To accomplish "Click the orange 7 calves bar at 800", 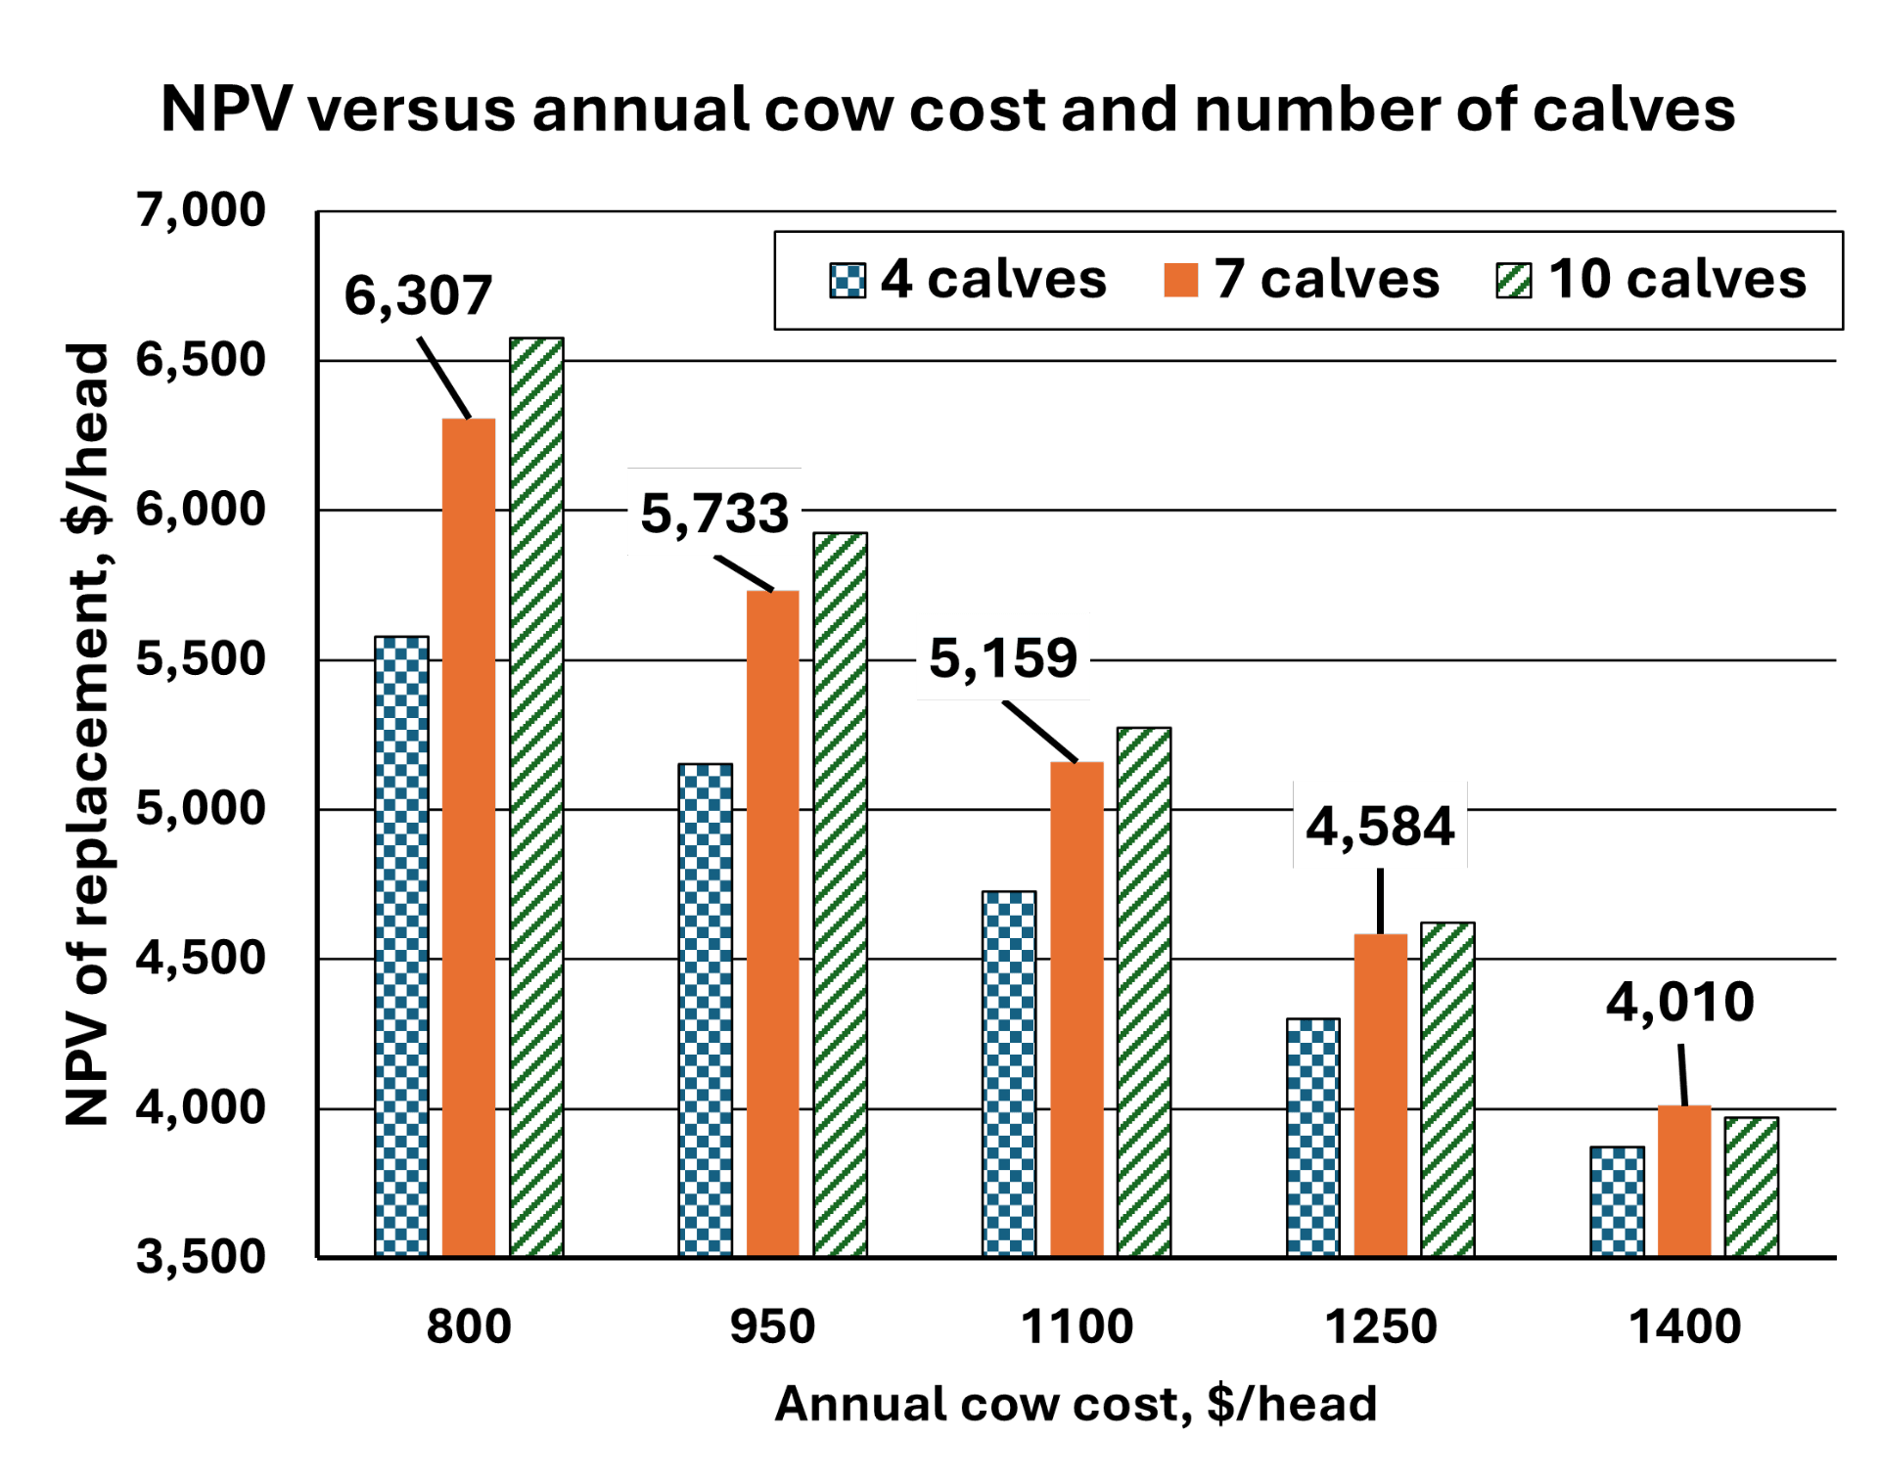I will [x=469, y=836].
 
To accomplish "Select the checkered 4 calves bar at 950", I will [x=706, y=1008].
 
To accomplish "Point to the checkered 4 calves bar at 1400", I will [x=1617, y=1200].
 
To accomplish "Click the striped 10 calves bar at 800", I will [x=536, y=796].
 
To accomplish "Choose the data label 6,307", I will [x=418, y=295].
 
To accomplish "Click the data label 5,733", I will [x=714, y=513].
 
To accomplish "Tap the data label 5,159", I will [x=1003, y=656].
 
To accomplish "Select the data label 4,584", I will [x=1380, y=826].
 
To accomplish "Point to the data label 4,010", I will [x=1680, y=1002].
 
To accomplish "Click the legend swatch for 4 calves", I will [x=848, y=281].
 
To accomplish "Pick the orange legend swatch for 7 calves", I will [x=1181, y=281].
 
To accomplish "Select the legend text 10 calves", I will [x=1676, y=280].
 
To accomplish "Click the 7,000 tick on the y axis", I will [x=201, y=209].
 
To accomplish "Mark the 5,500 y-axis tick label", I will [x=201, y=658].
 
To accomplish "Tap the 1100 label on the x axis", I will [x=1077, y=1327].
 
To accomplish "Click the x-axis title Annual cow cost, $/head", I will [x=1077, y=1404].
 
